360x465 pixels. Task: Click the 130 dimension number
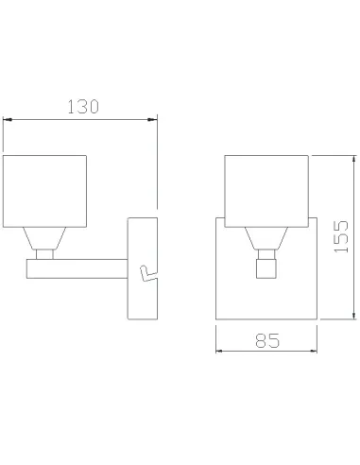pos(83,107)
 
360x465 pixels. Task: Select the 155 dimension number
pos(341,236)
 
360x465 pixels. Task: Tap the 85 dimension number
pos(267,340)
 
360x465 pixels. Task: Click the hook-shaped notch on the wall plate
pos(148,273)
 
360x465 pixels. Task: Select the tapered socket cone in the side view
pos(44,238)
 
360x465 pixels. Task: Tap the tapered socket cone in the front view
pos(266,238)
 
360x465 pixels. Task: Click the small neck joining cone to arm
pos(44,254)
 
